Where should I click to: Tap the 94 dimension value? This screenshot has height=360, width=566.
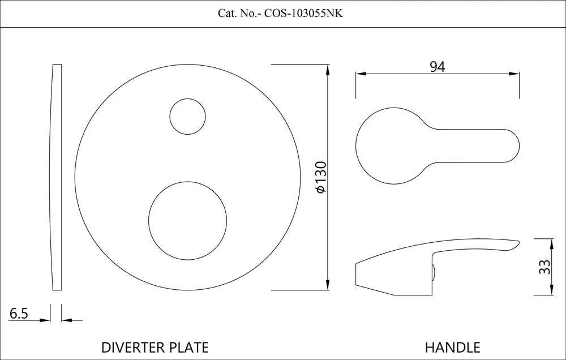coord(437,66)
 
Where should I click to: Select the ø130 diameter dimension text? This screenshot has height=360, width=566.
coord(320,177)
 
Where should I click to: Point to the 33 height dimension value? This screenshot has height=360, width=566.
coord(544,267)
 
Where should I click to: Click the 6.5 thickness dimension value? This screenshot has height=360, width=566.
coord(19,313)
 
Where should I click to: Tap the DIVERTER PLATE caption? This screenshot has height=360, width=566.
coord(155,347)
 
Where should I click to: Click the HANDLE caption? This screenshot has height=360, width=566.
coord(452,347)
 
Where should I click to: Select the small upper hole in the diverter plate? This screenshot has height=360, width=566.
coord(187,116)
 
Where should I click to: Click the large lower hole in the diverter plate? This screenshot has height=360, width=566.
coord(187,220)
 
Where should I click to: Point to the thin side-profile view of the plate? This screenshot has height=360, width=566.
coord(55,177)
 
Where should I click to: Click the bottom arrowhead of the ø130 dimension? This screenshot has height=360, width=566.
coord(328,285)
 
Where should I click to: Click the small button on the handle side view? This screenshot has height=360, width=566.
coord(434,273)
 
